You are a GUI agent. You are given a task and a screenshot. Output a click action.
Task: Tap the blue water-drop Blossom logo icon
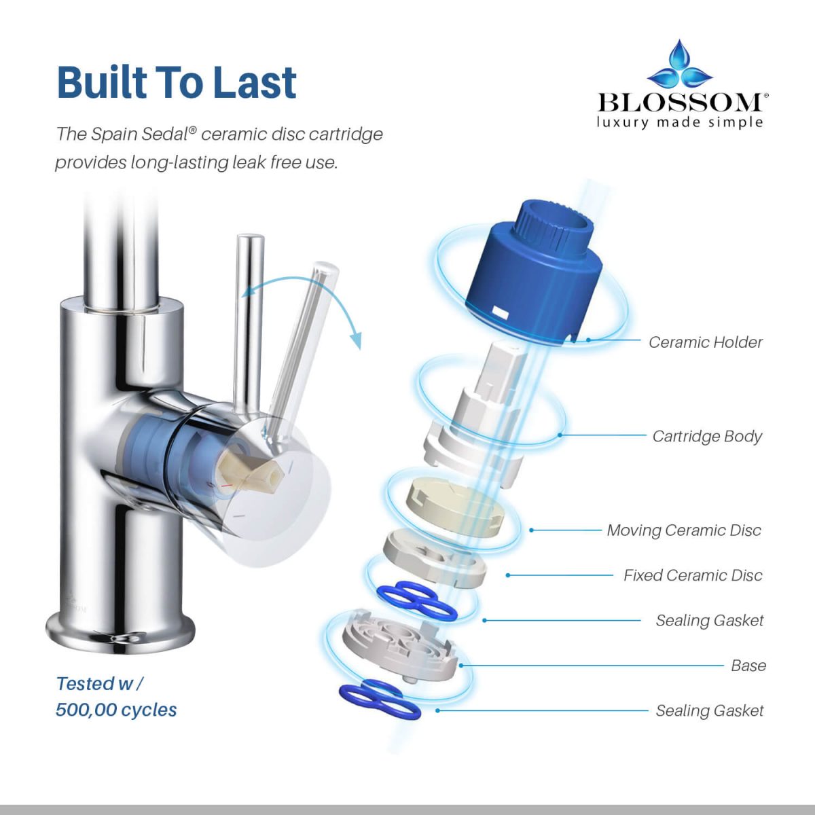tap(680, 66)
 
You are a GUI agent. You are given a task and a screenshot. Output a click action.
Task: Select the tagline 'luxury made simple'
tap(680, 122)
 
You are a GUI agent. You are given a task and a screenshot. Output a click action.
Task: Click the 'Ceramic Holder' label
tap(706, 342)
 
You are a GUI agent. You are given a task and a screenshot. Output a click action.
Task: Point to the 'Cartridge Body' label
tap(707, 436)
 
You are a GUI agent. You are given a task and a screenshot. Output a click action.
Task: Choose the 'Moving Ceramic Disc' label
tap(684, 530)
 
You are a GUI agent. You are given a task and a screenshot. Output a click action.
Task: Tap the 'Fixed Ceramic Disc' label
tap(693, 575)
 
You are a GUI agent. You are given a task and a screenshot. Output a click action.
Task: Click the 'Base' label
tap(748, 666)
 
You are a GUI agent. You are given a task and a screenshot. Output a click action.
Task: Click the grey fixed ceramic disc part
tap(435, 558)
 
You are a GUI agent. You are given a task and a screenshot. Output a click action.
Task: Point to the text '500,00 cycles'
tap(116, 710)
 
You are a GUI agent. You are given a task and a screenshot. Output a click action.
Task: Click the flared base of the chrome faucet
tap(120, 633)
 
